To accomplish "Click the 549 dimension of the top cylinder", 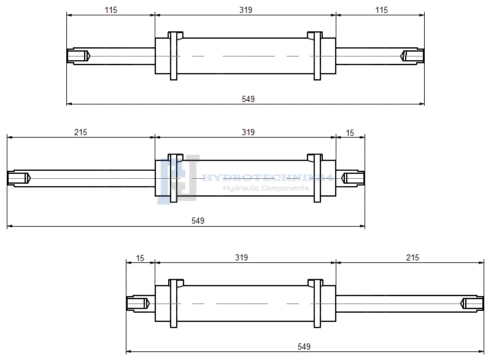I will (248, 99).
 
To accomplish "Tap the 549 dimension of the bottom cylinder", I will (303, 346).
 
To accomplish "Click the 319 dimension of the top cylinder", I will (245, 10).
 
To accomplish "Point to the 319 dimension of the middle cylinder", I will (248, 132).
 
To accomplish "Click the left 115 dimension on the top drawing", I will (111, 10).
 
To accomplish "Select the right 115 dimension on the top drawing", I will (381, 10).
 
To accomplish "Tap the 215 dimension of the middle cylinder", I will (80, 132).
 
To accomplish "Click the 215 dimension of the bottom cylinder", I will (412, 258).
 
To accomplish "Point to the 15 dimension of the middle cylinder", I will (350, 132).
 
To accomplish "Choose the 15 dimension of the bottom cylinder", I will (141, 258).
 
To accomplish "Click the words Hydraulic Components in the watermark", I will (265, 188).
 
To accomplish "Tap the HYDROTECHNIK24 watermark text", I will (267, 178).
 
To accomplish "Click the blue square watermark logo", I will (178, 179).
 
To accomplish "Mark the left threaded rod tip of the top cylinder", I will (78, 56).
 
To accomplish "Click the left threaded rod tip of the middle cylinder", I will (18, 178).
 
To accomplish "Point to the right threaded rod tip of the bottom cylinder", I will (473, 303).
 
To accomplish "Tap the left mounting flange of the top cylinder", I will (174, 56).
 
